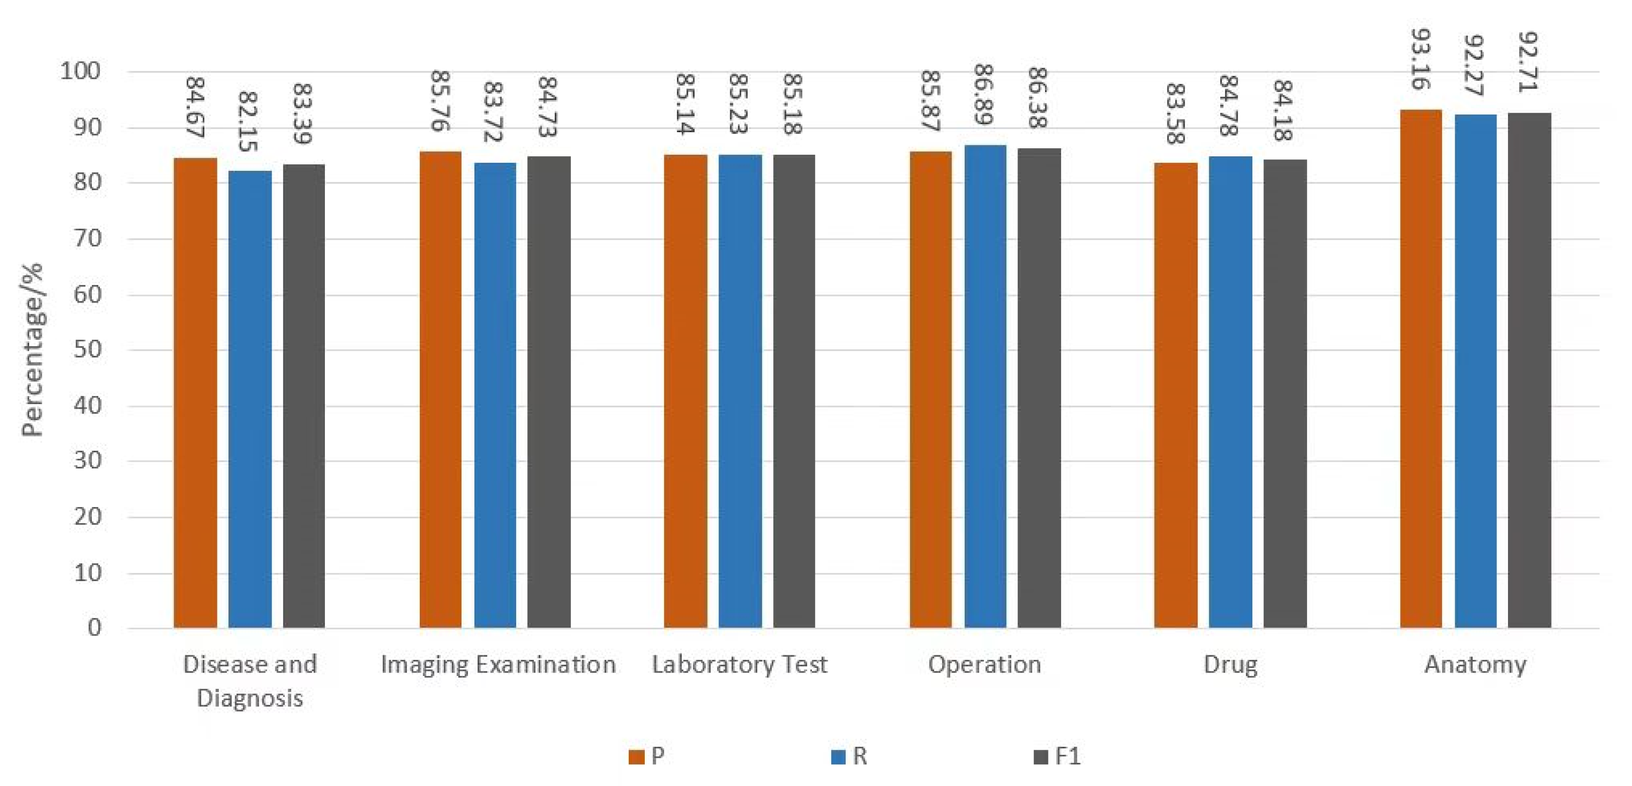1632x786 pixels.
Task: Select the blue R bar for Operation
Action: pyautogui.click(x=985, y=386)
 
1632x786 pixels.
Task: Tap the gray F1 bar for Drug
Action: pyautogui.click(x=1285, y=394)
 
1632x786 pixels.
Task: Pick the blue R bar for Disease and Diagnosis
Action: pyautogui.click(x=250, y=400)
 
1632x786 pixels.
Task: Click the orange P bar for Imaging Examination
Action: pyautogui.click(x=440, y=390)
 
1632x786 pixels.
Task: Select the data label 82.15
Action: pyautogui.click(x=249, y=121)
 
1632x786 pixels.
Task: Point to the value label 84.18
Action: pyautogui.click(x=1283, y=110)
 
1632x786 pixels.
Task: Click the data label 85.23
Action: pyautogui.click(x=739, y=104)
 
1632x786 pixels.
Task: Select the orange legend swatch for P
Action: pyautogui.click(x=636, y=757)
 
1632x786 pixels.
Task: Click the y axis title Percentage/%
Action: pyautogui.click(x=32, y=350)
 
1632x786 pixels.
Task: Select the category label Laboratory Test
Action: pyautogui.click(x=739, y=664)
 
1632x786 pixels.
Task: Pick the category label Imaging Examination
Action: pyautogui.click(x=498, y=664)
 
